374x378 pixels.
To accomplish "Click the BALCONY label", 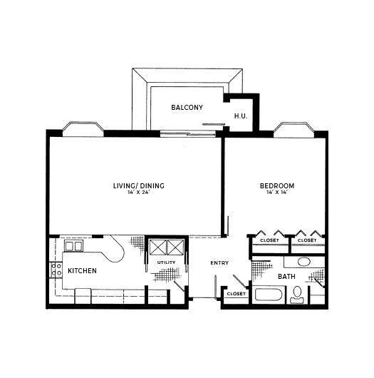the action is [187, 107].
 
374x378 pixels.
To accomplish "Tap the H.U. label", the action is [241, 116].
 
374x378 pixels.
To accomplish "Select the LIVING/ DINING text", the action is [139, 186].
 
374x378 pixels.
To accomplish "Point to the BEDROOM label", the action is [277, 186].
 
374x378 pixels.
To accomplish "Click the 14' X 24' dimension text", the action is [139, 193].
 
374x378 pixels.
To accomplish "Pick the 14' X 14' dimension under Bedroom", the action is [277, 193].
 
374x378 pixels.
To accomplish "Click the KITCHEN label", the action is [82, 271].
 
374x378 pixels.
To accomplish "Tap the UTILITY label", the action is [166, 262].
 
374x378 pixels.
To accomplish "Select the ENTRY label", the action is [219, 262].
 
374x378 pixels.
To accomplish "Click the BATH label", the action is [286, 276].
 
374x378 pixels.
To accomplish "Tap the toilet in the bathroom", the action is [297, 295].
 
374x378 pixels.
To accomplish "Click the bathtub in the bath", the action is [269, 295].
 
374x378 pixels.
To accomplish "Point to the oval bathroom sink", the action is [304, 262].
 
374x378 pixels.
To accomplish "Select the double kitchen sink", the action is [73, 245].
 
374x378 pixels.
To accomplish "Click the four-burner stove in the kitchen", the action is [56, 270].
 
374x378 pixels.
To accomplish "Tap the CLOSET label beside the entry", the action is [237, 294].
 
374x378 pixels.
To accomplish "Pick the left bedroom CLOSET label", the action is [269, 240].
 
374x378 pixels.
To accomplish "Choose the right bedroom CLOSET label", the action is [307, 240].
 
